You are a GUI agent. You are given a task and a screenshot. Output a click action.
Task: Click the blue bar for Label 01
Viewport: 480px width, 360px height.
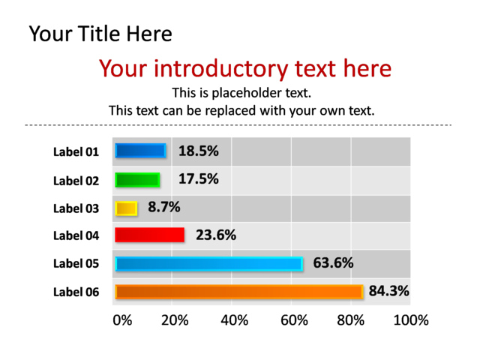point(140,151)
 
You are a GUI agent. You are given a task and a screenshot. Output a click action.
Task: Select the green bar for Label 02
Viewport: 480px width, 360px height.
point(137,180)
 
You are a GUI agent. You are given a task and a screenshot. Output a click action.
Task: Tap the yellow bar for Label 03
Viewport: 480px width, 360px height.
point(126,208)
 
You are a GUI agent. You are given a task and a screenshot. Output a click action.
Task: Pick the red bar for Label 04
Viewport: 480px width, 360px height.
point(150,235)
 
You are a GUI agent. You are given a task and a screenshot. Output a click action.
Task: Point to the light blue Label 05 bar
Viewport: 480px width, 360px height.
point(209,264)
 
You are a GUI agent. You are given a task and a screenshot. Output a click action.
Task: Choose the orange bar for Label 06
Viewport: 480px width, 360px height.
point(239,292)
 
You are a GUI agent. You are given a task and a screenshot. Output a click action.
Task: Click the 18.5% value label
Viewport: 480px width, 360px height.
point(199,151)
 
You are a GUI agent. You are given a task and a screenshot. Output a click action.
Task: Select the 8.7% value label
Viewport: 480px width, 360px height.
point(164,207)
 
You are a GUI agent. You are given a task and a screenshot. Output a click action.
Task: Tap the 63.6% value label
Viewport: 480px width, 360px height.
point(333,263)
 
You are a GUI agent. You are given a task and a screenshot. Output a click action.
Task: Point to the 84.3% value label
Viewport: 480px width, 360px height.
point(388,291)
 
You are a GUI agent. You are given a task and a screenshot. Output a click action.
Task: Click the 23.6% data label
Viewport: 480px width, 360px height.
point(216,235)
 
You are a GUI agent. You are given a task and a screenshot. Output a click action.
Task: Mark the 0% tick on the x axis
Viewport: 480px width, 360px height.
point(122,320)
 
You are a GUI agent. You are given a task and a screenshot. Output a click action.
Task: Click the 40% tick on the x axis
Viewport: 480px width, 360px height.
point(235,320)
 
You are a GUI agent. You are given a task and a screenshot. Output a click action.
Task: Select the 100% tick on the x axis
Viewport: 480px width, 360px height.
point(411,320)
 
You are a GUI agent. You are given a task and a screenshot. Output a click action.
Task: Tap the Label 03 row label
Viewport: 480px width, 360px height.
point(76,208)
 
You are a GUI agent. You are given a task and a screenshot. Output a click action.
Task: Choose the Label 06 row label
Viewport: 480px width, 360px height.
point(76,292)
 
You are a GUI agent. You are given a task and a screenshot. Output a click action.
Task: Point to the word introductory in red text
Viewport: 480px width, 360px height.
point(220,69)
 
